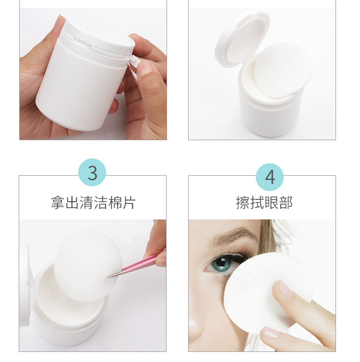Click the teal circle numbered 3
pos(92,172)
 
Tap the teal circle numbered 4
pos(270,177)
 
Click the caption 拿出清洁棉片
pos(93,203)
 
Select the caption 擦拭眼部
pos(264,203)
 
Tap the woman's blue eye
pos(222,264)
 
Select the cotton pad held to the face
pos(268,293)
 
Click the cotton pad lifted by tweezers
pos(88,266)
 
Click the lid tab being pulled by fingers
pos(134,60)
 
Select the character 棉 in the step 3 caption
pos(114,203)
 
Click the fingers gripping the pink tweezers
pos(157,245)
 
